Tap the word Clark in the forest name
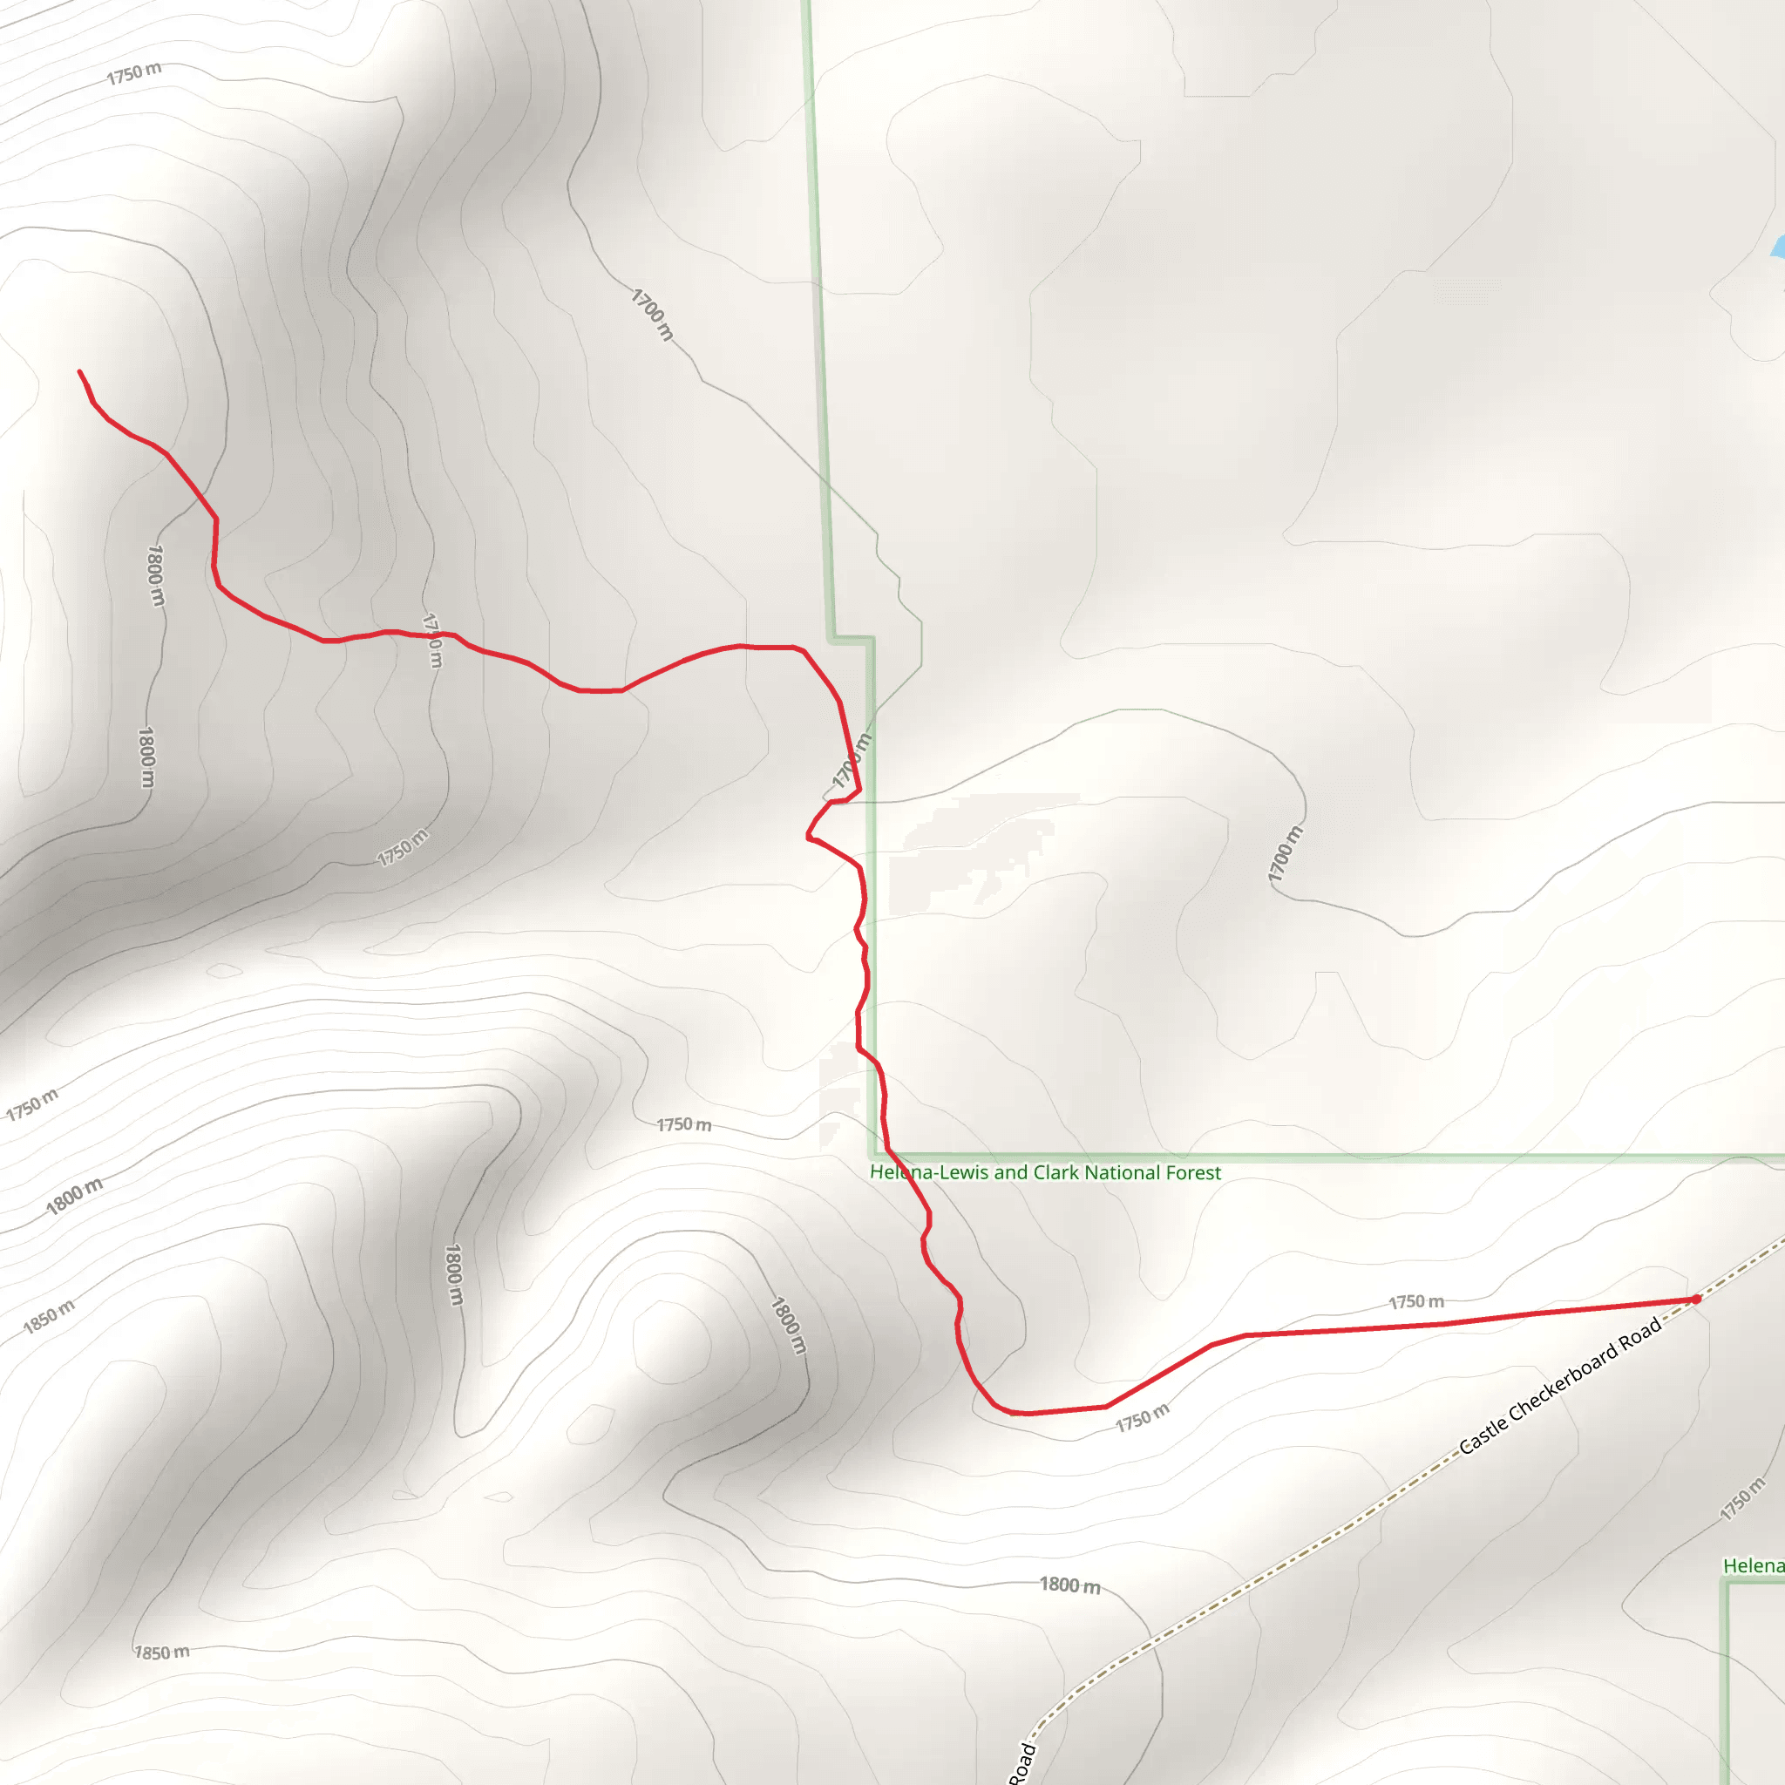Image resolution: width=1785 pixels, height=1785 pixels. [x=1056, y=1172]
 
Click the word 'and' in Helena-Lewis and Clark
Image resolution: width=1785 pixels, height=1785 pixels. [x=1009, y=1172]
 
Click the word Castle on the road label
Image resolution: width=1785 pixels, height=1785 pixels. [x=1481, y=1432]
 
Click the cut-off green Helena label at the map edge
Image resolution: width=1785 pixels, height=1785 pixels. [x=1753, y=1565]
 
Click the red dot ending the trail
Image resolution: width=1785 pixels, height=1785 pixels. [x=1696, y=1299]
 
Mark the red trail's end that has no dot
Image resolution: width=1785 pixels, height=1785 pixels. [x=79, y=371]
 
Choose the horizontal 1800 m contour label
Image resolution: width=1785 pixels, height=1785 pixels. [x=1070, y=1585]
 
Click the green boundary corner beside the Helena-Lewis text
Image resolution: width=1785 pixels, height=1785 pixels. [x=872, y=1156]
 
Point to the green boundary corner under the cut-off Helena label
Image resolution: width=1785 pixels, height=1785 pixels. [x=1725, y=1583]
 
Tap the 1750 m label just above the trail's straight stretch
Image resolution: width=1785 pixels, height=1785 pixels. [x=1416, y=1302]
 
